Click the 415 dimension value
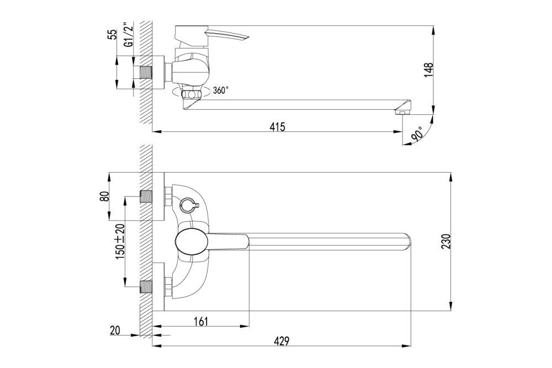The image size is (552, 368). point(278,127)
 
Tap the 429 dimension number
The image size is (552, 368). point(282,341)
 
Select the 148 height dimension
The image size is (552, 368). point(429,71)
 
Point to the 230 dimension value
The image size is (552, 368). point(447,241)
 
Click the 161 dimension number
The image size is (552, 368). point(201,321)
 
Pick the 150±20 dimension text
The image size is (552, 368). point(120,242)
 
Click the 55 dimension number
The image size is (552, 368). point(112,34)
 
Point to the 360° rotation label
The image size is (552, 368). point(220,90)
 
